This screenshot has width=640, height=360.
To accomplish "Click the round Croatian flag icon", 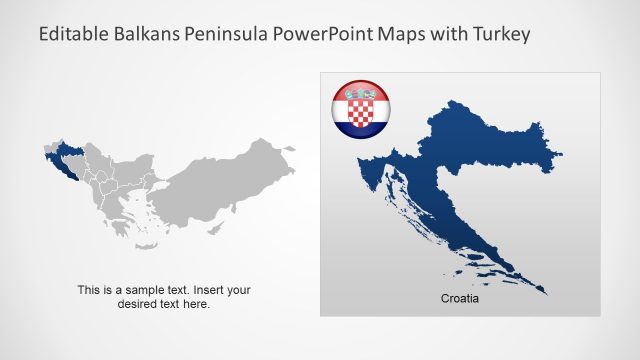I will pyautogui.click(x=360, y=110).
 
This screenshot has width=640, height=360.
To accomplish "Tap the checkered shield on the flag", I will pyautogui.click(x=360, y=111).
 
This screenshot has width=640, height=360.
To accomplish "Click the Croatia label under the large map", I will pyautogui.click(x=460, y=299).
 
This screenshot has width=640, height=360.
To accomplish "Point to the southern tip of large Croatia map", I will pyautogui.click(x=545, y=292).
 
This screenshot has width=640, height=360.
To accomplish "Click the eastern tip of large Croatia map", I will pyautogui.click(x=561, y=154).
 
